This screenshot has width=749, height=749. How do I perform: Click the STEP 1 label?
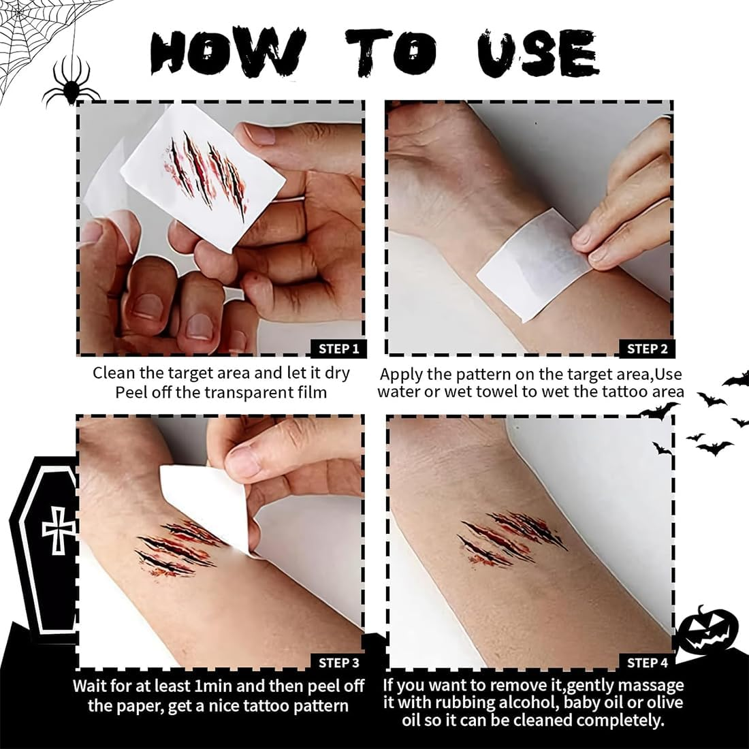click(x=338, y=349)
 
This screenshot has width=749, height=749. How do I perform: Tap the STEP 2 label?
click(x=646, y=349)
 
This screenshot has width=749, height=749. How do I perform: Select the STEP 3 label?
click(x=338, y=663)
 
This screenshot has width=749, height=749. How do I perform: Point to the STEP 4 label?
click(x=646, y=663)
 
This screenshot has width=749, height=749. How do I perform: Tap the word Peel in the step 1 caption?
click(x=132, y=392)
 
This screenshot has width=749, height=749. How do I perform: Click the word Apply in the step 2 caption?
click(x=401, y=374)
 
